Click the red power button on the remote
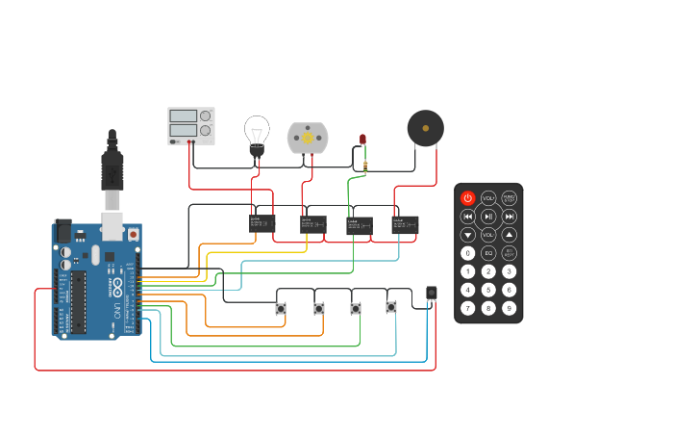click(x=468, y=198)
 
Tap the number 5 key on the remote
click(x=488, y=290)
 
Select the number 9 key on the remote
click(x=510, y=308)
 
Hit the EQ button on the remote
click(x=488, y=253)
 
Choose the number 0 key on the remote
click(x=468, y=253)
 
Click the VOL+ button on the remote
click(x=488, y=198)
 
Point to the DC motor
click(x=308, y=138)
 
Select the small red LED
click(x=363, y=141)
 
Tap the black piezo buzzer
click(x=425, y=128)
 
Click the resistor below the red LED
click(x=365, y=167)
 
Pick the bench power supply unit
click(x=191, y=126)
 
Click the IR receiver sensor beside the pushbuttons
click(x=432, y=293)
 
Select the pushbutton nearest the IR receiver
click(x=391, y=307)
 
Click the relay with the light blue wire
click(x=405, y=224)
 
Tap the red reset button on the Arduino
click(x=133, y=234)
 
